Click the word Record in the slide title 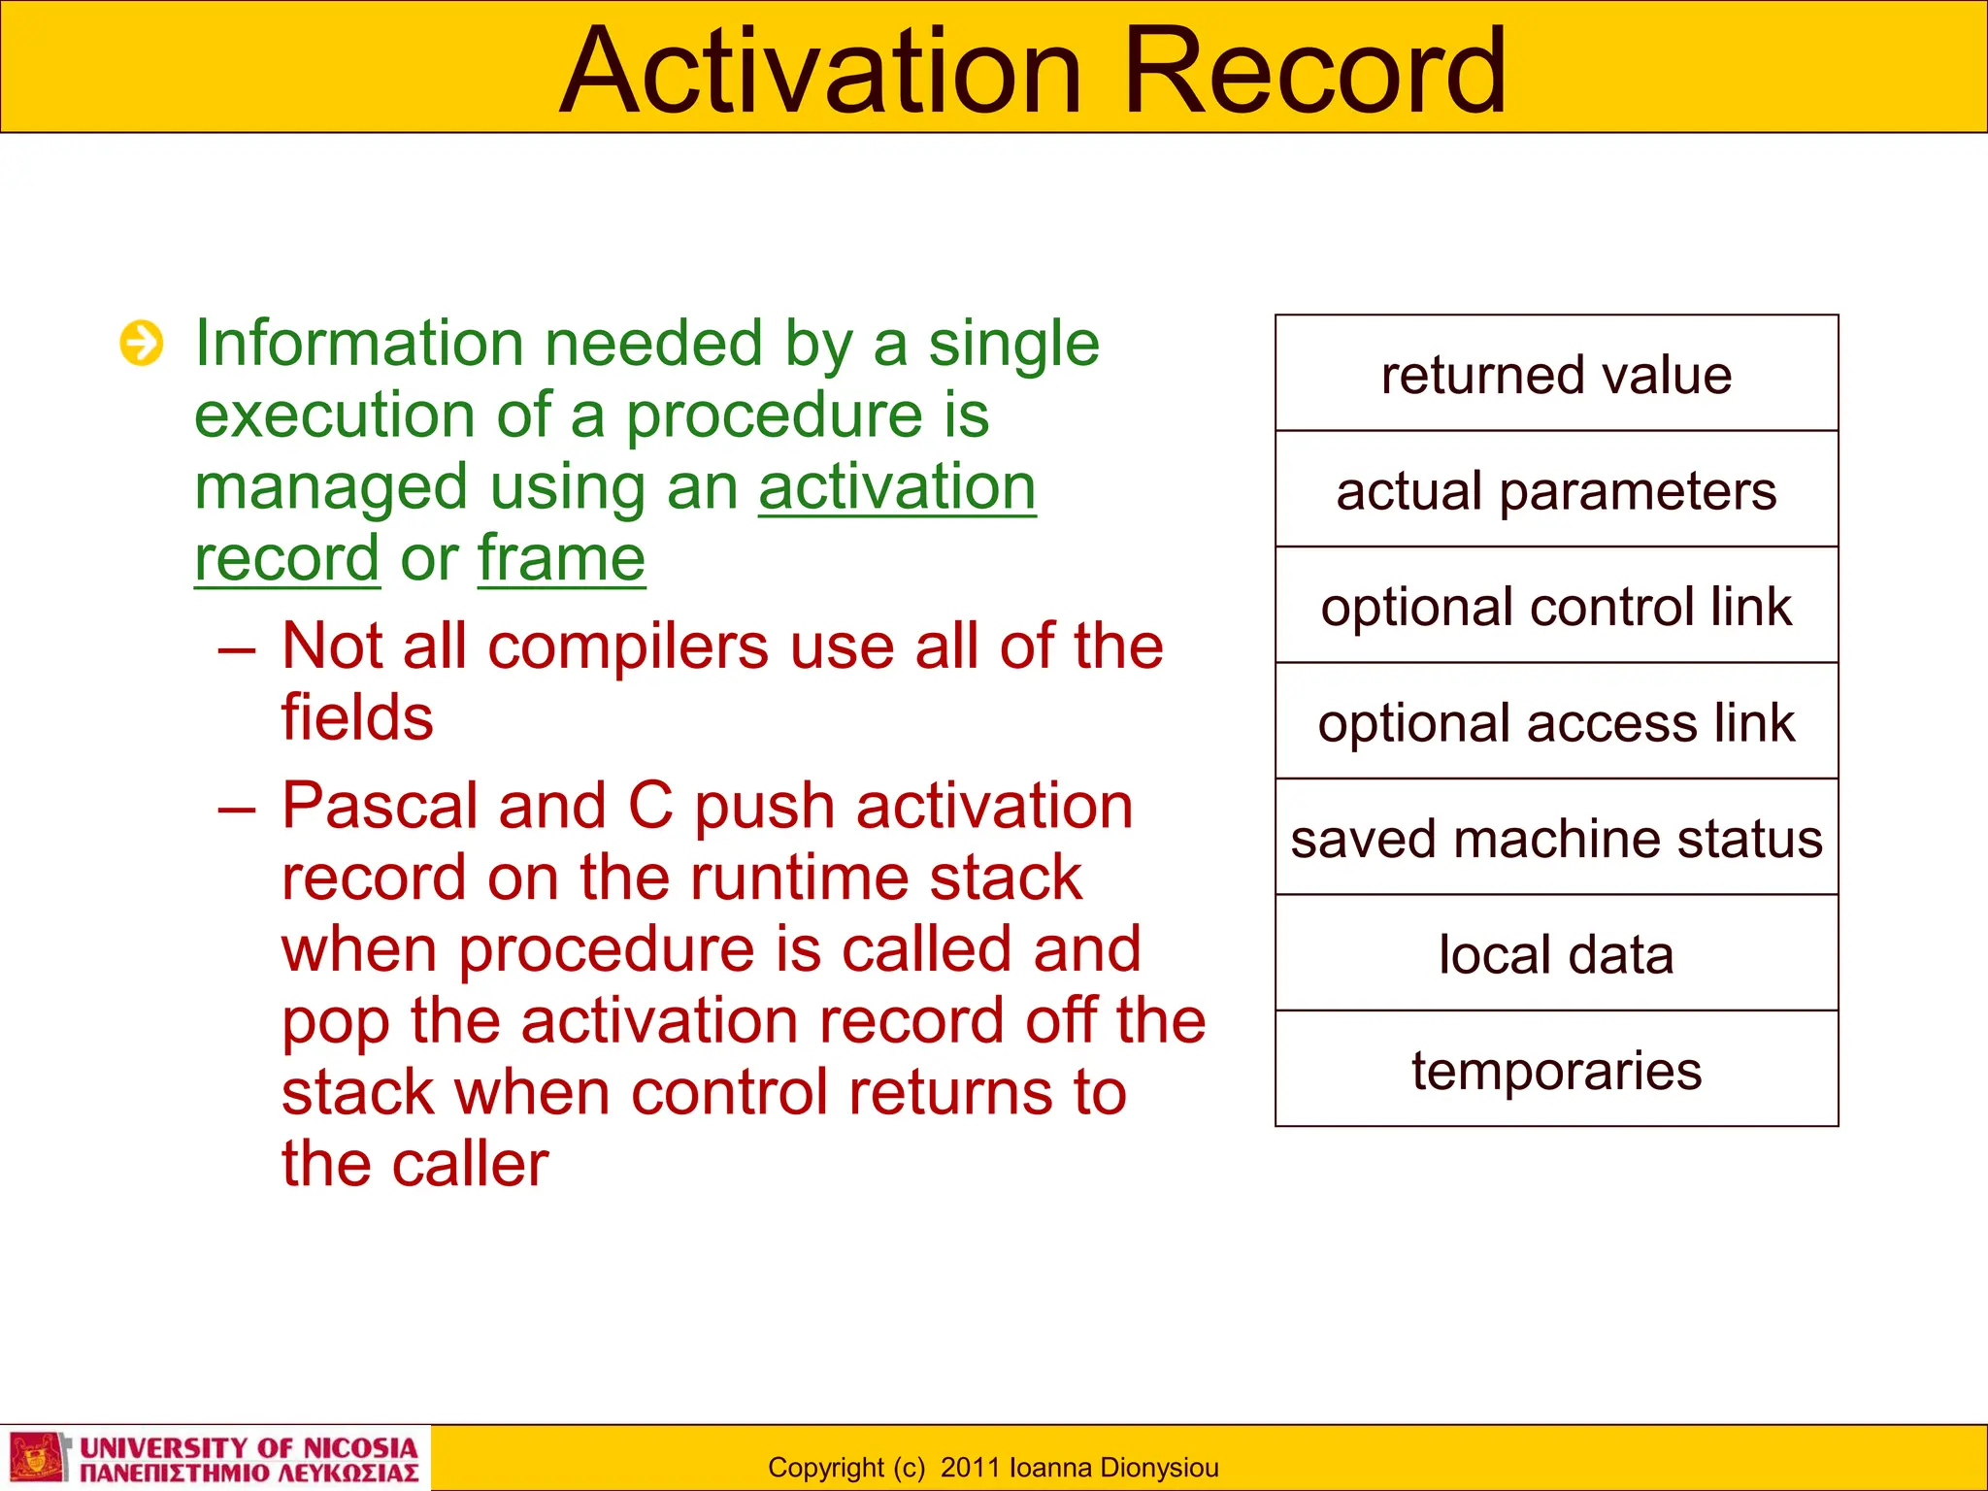point(1314,73)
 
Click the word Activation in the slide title point(820,73)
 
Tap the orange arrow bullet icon point(142,344)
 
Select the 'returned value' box point(1556,375)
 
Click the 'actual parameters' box point(1556,490)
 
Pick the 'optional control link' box point(1556,607)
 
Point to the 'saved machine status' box point(1556,839)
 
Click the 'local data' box point(1556,954)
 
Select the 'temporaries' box point(1556,1070)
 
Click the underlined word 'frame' point(561,558)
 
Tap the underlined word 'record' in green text point(286,558)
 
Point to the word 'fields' point(357,717)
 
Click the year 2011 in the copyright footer point(971,1468)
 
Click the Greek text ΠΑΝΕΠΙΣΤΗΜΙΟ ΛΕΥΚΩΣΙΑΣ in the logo point(248,1474)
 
